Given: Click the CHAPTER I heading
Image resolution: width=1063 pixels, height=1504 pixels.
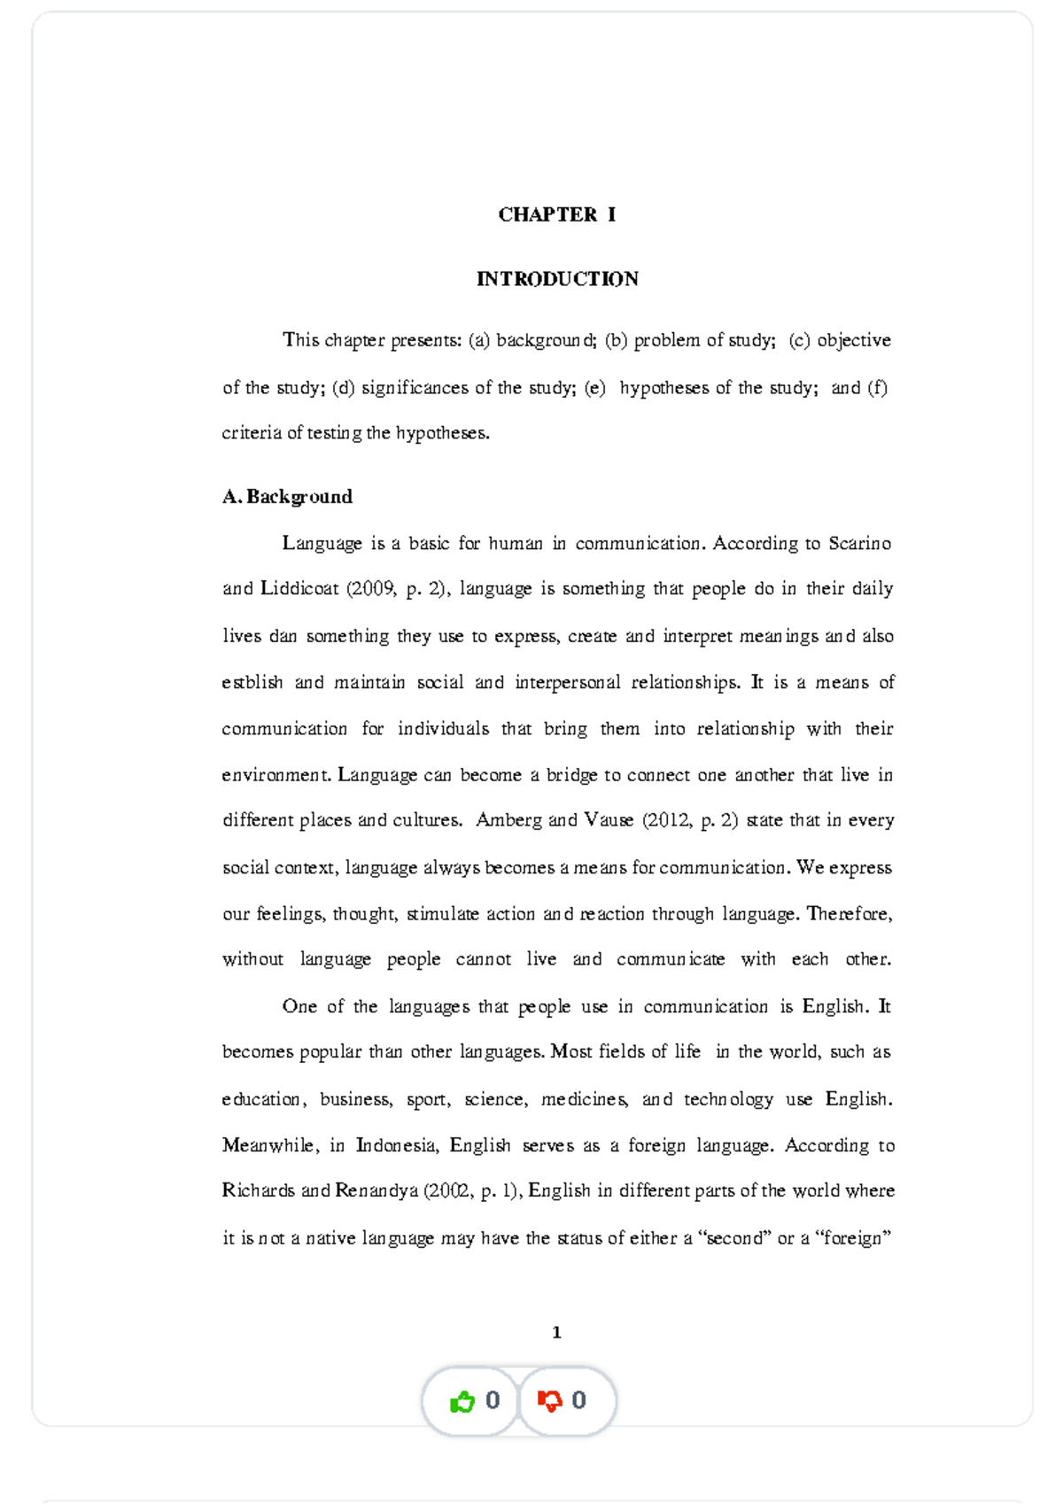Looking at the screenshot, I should coord(556,214).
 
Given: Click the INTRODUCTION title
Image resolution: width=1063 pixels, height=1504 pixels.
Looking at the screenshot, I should coord(557,279).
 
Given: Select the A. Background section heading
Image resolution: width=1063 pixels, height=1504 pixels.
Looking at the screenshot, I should coord(287,497).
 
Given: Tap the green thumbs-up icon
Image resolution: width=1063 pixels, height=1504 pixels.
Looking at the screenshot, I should coord(462,1401).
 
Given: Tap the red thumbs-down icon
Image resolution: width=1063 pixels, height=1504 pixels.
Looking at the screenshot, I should coord(549,1401).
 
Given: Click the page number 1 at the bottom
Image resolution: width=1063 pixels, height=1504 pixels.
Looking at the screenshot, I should coord(556,1332).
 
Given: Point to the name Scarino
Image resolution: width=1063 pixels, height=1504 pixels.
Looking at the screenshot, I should coord(859,544).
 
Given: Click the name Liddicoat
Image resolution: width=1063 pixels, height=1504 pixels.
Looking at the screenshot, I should coord(299,589).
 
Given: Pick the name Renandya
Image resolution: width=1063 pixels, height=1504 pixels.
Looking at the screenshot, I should coord(376,1191).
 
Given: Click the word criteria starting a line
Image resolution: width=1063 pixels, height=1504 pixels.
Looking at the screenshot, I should coord(252,433).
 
